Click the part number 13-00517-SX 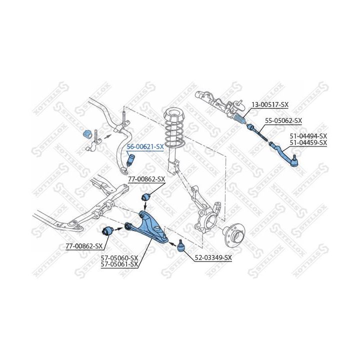269,104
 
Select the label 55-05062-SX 283,120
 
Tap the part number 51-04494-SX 308,136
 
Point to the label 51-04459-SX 308,142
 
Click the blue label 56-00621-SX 145,146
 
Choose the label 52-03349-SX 213,257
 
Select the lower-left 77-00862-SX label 84,246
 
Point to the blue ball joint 180,245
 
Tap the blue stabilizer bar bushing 85,134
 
